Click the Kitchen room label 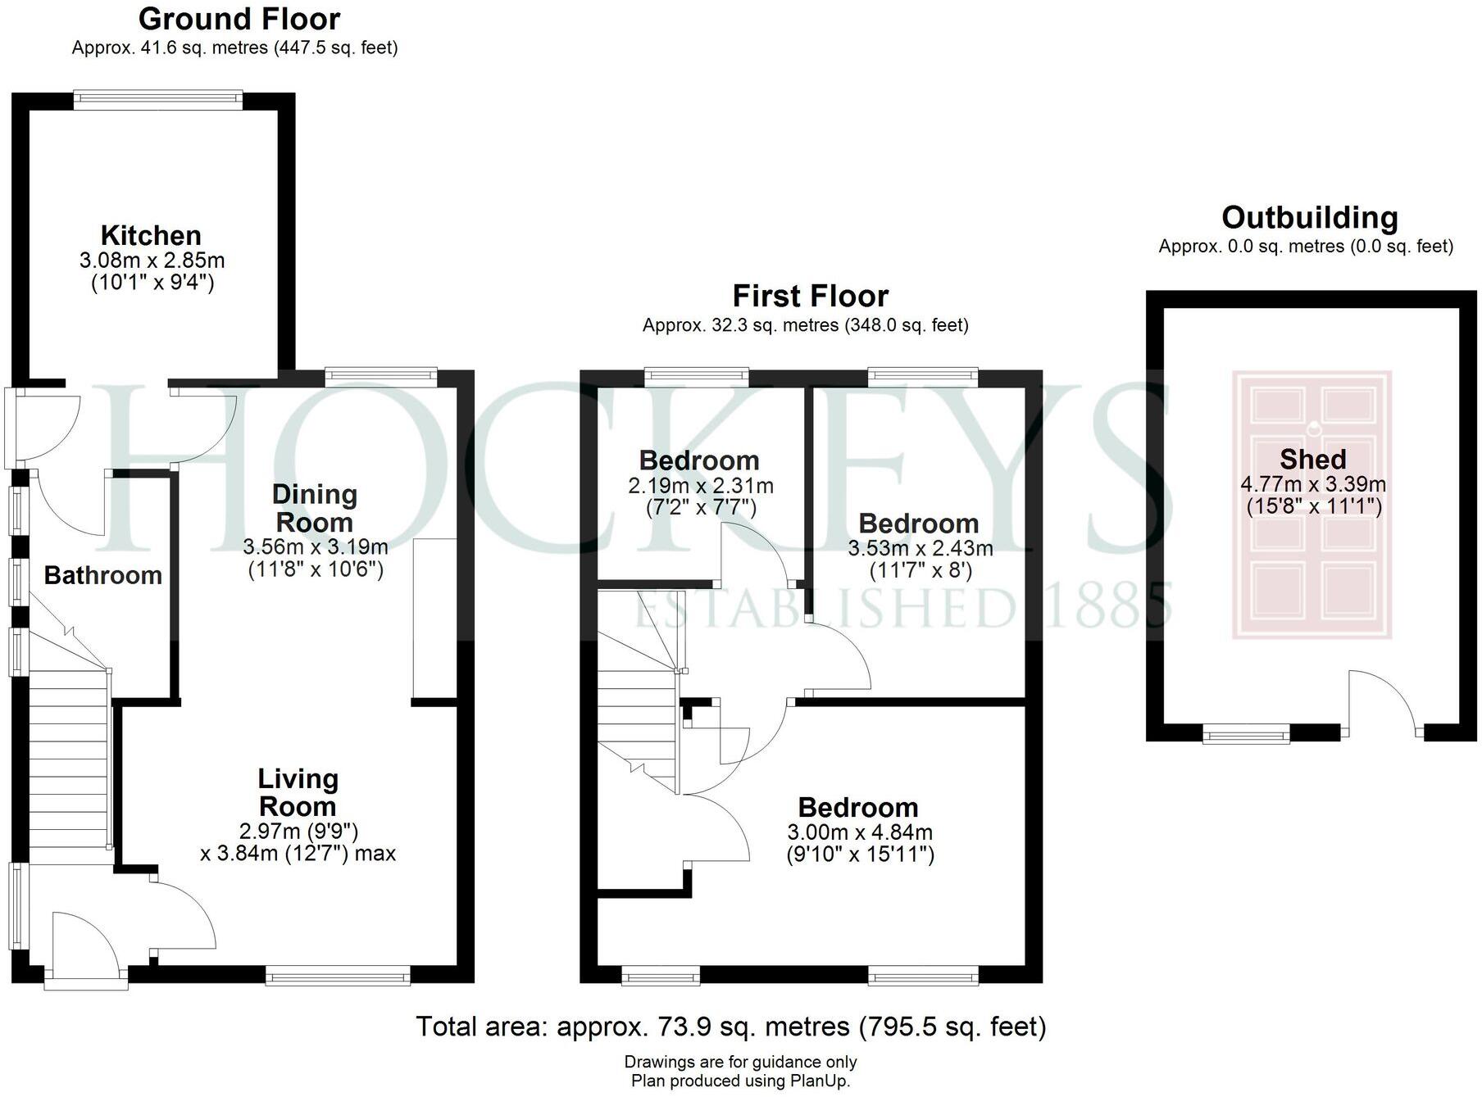pyautogui.click(x=151, y=236)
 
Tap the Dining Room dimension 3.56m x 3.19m pyautogui.click(x=316, y=546)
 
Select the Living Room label pyautogui.click(x=298, y=792)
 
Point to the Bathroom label pyautogui.click(x=103, y=576)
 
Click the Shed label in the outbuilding pyautogui.click(x=1312, y=460)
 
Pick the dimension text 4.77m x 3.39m pyautogui.click(x=1313, y=484)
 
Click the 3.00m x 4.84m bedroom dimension pyautogui.click(x=859, y=833)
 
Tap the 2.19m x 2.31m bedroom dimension pyautogui.click(x=700, y=486)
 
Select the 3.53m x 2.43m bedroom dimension pyautogui.click(x=920, y=548)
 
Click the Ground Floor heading pyautogui.click(x=239, y=19)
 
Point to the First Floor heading pyautogui.click(x=810, y=296)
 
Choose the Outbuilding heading pyautogui.click(x=1309, y=218)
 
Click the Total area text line pyautogui.click(x=730, y=1027)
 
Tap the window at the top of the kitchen pyautogui.click(x=157, y=100)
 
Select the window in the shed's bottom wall pyautogui.click(x=1246, y=734)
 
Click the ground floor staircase pyautogui.click(x=69, y=762)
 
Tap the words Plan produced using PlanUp pyautogui.click(x=740, y=1081)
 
